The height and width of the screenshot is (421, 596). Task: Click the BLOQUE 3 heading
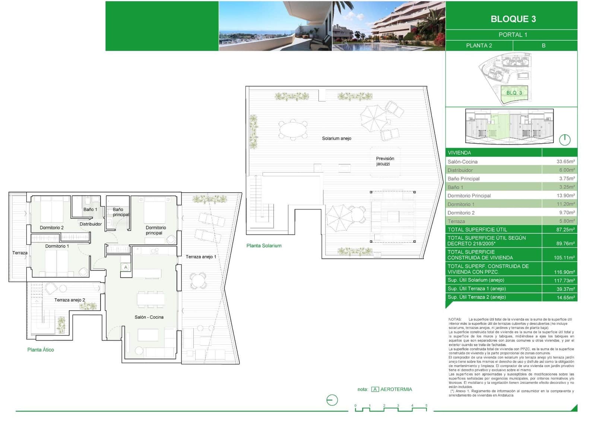coord(513,19)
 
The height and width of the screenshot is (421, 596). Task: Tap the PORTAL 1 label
coord(513,35)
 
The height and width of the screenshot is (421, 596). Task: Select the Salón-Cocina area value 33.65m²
coord(565,162)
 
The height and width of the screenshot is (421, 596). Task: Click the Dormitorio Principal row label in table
coord(469,196)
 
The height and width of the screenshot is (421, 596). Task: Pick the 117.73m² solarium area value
coord(564,281)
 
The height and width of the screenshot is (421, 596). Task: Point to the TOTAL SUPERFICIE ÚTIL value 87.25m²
coord(565,230)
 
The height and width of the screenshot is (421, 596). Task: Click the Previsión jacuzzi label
coord(385,161)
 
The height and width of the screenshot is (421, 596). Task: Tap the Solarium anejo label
coord(336,138)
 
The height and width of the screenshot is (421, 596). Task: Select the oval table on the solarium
coord(294,130)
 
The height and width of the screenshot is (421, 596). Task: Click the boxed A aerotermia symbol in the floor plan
coord(126,267)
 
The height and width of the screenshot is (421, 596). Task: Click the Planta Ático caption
coord(41,349)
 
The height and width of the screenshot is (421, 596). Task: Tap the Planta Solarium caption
coord(264,246)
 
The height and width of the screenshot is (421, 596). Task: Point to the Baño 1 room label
coord(90,209)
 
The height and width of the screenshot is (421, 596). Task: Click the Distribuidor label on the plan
coord(91,224)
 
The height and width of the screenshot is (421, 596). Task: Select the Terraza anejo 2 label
coord(70,300)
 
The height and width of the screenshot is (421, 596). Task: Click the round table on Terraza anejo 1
coord(198,281)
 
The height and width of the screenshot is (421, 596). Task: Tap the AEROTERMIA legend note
coord(396,389)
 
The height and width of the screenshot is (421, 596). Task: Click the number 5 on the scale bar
coord(426,405)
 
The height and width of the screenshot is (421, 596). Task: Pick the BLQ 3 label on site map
coord(514,93)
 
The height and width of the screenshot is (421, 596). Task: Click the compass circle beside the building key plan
coord(565,140)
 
